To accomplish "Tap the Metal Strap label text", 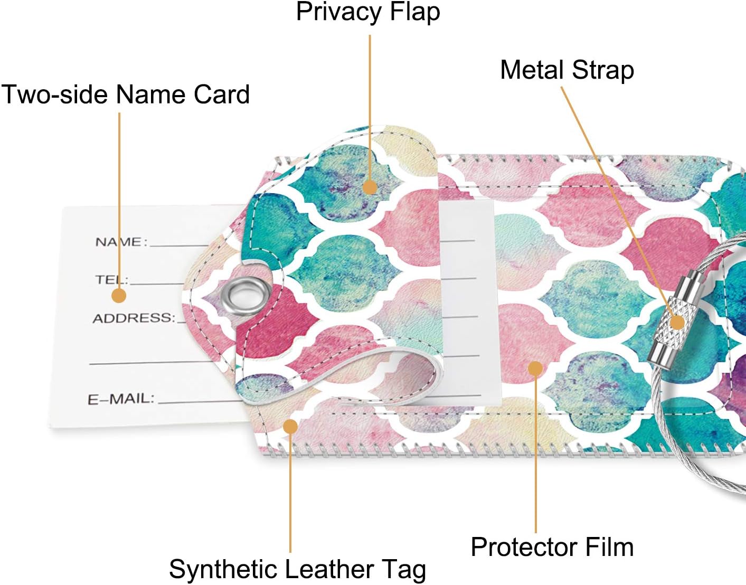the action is [567, 71].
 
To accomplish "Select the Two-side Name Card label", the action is [125, 94].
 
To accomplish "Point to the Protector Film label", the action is [552, 546].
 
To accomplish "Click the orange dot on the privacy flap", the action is [370, 187].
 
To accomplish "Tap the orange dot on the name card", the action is [119, 296].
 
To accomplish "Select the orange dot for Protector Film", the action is [535, 369].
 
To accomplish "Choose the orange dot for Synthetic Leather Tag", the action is [291, 427].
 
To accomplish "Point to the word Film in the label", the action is [609, 546].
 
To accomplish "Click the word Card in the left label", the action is [221, 94].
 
